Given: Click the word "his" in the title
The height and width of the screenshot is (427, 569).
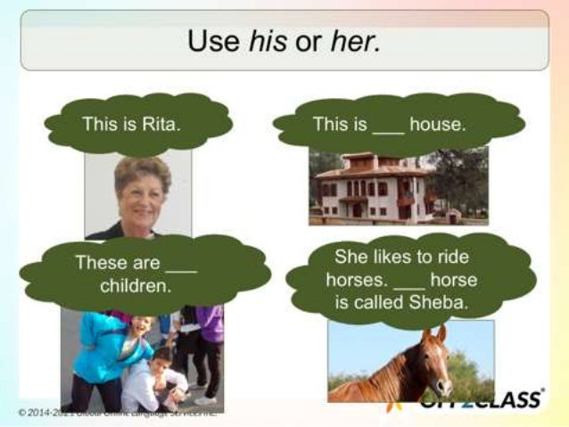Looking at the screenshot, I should tap(265, 41).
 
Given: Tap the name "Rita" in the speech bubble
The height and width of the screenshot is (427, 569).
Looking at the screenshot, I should tap(161, 123).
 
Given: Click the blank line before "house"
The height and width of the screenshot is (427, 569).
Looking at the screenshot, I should tap(388, 125).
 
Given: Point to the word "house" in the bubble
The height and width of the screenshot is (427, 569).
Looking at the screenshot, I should tap(437, 124).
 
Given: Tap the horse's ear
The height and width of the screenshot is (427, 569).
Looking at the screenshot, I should tap(441, 333).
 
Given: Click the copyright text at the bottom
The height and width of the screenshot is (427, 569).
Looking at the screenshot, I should tap(116, 412).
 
